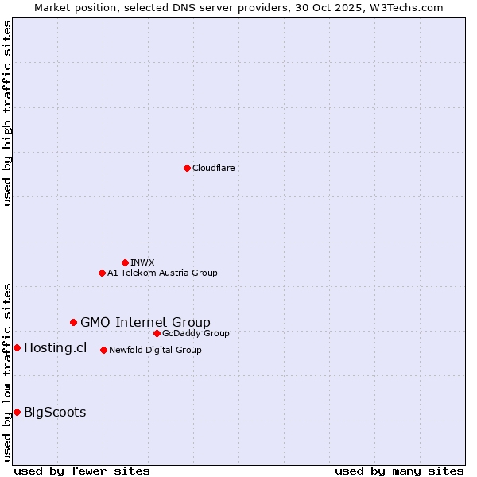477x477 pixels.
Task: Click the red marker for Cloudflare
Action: point(187,168)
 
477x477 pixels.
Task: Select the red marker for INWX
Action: point(125,262)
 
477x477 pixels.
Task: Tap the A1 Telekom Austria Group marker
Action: point(102,273)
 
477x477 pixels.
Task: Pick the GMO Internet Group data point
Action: point(73,322)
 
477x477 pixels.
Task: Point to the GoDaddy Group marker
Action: point(157,333)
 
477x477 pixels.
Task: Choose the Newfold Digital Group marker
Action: point(103,350)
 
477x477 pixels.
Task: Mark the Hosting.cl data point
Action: point(17,347)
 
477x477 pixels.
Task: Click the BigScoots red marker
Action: point(17,412)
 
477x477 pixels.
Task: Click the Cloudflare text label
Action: point(214,168)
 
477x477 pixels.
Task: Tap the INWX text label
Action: point(142,262)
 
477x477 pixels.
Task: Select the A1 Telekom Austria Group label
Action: point(162,273)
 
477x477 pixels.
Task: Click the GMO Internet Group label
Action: point(145,322)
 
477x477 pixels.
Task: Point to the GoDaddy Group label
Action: point(196,333)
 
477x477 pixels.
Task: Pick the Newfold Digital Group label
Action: point(155,350)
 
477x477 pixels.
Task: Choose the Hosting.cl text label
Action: point(55,347)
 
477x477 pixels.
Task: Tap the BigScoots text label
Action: point(55,412)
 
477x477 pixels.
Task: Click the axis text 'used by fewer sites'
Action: point(82,471)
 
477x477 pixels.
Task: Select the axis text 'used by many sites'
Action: point(399,471)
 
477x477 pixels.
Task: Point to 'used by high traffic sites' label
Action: point(7,113)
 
